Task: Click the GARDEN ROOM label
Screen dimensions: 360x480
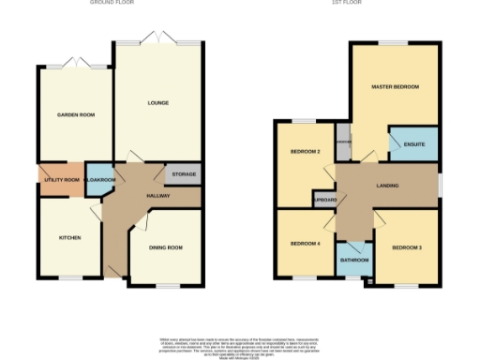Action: point(75,114)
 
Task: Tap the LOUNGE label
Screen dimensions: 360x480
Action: point(157,102)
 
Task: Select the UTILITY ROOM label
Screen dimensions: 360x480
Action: point(61,179)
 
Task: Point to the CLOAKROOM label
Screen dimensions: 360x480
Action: point(99,179)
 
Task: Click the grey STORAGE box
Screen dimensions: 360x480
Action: point(182,174)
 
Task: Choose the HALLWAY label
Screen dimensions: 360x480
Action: point(158,196)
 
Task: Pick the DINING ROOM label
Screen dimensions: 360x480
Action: point(165,247)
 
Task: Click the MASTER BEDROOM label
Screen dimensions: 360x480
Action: point(395,87)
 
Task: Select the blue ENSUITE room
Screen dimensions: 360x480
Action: point(413,144)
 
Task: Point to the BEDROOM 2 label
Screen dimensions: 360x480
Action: point(306,152)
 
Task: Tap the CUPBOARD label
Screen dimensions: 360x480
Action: point(326,200)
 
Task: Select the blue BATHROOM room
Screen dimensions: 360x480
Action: point(354,258)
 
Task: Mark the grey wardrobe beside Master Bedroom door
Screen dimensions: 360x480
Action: point(343,142)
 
